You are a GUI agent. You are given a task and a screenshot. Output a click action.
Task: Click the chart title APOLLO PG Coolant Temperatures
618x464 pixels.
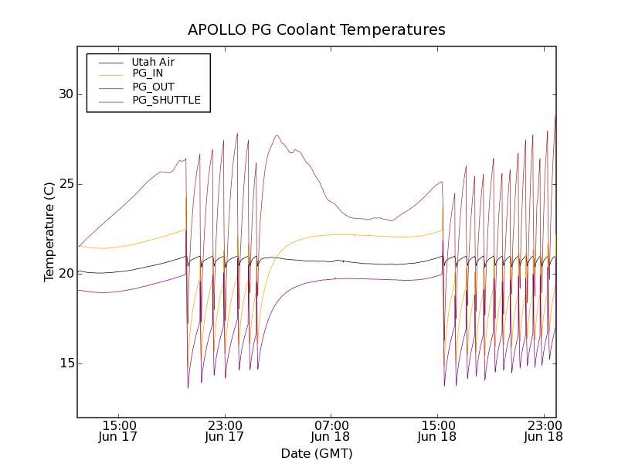click(x=317, y=30)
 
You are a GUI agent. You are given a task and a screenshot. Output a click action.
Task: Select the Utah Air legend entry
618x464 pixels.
click(x=153, y=62)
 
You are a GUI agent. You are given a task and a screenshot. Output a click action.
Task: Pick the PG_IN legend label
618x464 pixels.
click(x=148, y=73)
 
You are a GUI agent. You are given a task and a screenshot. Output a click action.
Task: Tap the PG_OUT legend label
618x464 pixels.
click(x=153, y=87)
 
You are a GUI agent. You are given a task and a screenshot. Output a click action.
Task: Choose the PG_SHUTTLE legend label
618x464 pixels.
click(x=166, y=100)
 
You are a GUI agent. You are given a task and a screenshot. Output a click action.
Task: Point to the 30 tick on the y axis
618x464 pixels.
click(x=65, y=94)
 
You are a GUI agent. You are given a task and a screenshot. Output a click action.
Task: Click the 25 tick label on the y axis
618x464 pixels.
click(x=65, y=184)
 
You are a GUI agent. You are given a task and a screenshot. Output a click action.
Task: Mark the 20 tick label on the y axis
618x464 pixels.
click(x=65, y=274)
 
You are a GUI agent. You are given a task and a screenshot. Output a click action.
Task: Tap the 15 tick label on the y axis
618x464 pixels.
click(x=65, y=363)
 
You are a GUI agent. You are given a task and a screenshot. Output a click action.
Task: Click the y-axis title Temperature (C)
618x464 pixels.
click(x=49, y=232)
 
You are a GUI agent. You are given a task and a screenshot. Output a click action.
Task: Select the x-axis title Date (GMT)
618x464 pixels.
click(x=317, y=453)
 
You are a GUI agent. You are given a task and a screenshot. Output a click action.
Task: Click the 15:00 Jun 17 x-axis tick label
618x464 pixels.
click(x=119, y=431)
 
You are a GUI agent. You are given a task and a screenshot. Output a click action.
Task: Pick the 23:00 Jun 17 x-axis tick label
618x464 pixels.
click(x=225, y=431)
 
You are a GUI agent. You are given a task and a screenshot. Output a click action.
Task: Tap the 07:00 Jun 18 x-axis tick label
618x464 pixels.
click(x=331, y=431)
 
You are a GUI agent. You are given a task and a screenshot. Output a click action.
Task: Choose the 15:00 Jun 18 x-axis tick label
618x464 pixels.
click(x=438, y=431)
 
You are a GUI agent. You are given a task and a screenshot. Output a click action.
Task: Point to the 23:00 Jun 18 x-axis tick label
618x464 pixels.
click(x=544, y=431)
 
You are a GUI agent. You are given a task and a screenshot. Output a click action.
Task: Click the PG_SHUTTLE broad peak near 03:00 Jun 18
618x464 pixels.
click(x=277, y=136)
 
